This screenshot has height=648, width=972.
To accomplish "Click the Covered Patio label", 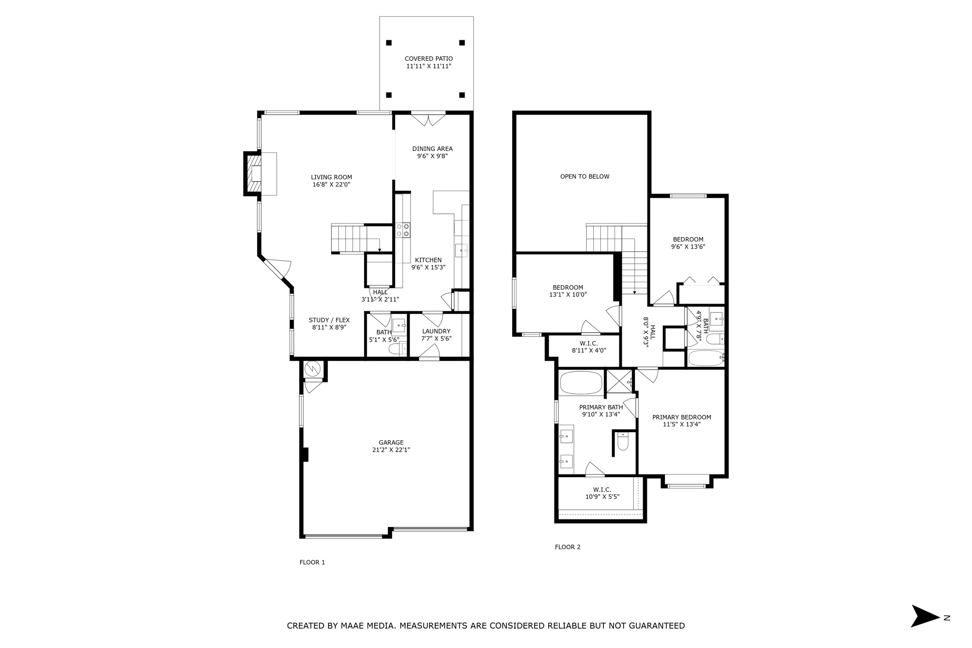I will point(429,59).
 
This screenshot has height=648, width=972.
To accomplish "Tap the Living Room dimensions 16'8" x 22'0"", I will point(331,185).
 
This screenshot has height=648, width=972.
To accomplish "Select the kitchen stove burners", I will point(403,230).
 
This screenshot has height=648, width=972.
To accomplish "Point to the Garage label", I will point(391,443).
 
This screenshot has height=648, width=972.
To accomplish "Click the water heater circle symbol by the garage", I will point(313,368).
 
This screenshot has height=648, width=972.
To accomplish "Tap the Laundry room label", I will point(436,331).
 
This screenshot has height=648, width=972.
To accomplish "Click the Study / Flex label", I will point(329,320).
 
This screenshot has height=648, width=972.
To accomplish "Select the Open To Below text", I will point(585,176).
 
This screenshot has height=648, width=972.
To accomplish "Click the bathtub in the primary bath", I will point(581,382).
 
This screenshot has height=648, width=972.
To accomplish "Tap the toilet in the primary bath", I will point(623,442).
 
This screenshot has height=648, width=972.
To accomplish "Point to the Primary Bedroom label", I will point(682,417).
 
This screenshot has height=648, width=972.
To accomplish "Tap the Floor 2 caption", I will point(568,547).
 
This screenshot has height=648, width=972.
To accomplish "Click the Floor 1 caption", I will point(312,562).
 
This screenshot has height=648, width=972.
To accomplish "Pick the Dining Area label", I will point(432,148).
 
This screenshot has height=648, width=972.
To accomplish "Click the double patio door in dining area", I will point(428,119).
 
